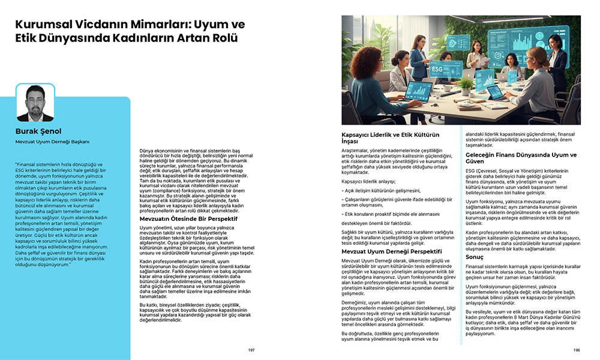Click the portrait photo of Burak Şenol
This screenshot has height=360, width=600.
pyautogui.click(x=35, y=103)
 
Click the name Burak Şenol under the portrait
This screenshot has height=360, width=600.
pyautogui.click(x=39, y=131)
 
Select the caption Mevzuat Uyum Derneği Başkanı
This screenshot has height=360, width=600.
pyautogui.click(x=52, y=142)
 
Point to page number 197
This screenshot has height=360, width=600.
pyautogui.click(x=251, y=349)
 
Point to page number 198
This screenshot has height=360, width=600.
pyautogui.click(x=576, y=349)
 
